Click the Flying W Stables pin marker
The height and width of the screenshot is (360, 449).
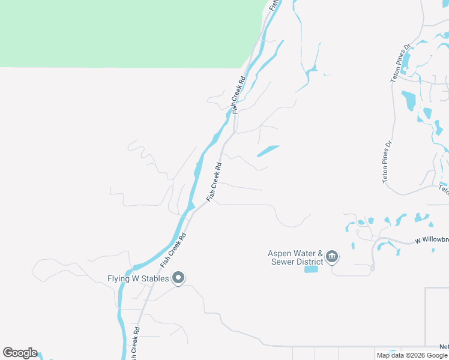click(x=178, y=278)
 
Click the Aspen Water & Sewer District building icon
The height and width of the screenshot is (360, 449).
click(x=332, y=258)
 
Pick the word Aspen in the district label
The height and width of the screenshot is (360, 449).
click(x=280, y=253)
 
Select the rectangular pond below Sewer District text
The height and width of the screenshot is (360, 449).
click(x=311, y=269)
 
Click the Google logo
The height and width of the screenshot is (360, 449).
click(x=20, y=353)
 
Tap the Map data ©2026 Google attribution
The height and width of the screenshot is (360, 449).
click(x=412, y=355)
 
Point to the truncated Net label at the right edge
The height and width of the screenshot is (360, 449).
click(x=444, y=347)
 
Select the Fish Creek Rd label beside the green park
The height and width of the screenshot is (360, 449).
click(x=240, y=95)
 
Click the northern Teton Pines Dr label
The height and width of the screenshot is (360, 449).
click(x=400, y=62)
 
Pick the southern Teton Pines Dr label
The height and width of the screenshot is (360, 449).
click(x=387, y=161)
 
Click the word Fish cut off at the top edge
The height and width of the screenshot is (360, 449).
click(x=274, y=4)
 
